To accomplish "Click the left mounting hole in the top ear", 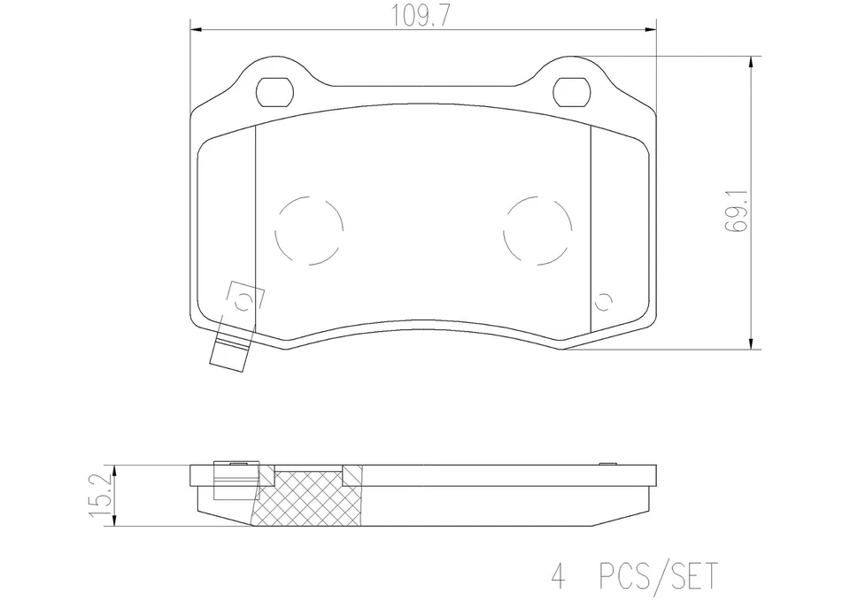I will pyautogui.click(x=274, y=90).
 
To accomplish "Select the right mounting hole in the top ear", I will pyautogui.click(x=571, y=90).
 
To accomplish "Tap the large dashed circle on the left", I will pyautogui.click(x=309, y=229).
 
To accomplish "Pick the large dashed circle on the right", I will pyautogui.click(x=537, y=229).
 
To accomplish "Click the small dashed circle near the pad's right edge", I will pyautogui.click(x=605, y=302).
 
